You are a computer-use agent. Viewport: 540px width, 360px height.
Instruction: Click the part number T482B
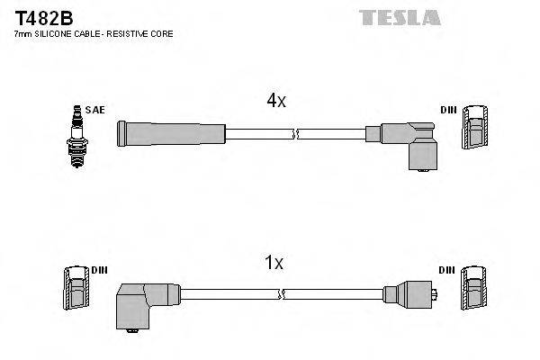37,17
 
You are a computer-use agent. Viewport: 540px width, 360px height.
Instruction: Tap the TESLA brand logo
400,17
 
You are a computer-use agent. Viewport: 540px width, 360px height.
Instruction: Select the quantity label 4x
275,102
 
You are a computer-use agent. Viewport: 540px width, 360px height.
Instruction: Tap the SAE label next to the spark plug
96,110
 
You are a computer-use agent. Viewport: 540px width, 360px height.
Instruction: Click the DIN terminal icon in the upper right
475,128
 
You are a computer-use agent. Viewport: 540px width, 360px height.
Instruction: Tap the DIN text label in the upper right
448,110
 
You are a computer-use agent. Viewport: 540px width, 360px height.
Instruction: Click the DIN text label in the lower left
100,270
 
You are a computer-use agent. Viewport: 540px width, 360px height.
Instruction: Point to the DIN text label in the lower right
448,270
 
